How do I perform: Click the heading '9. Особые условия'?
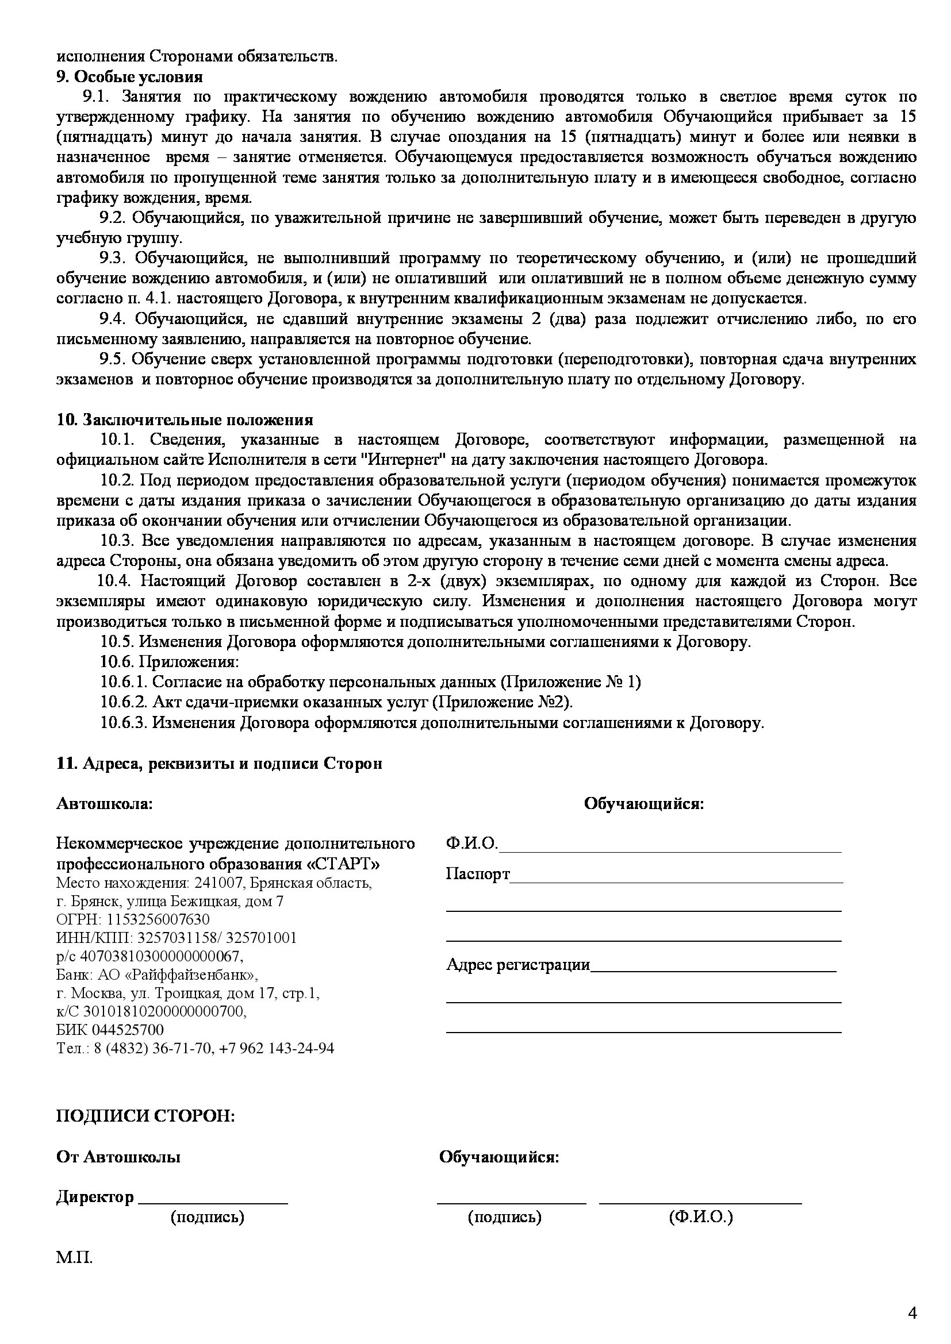[x=129, y=76]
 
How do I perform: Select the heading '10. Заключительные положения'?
[x=185, y=419]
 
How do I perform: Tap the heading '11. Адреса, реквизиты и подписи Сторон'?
[x=219, y=763]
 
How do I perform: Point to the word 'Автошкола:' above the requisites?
[x=104, y=804]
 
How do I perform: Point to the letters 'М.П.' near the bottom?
[x=74, y=1257]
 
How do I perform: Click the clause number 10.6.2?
[x=124, y=702]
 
